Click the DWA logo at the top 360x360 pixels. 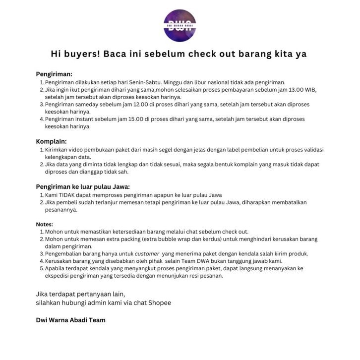180,25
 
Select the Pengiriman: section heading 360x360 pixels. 54,74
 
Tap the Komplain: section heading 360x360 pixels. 52,141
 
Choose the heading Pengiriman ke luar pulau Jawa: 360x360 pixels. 83,186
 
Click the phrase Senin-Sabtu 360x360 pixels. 145,82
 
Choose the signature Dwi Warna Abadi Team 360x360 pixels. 70,320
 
